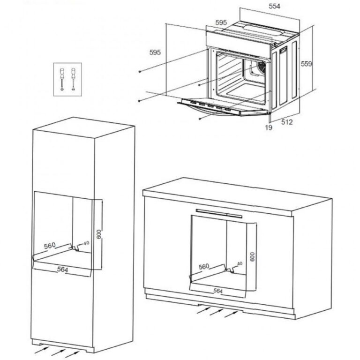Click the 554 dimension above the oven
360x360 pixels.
[x=274, y=6]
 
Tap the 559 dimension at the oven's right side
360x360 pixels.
[x=307, y=64]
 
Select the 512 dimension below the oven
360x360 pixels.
[x=287, y=122]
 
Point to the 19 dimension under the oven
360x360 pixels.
[x=269, y=127]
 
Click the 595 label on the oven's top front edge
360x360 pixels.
[x=221, y=22]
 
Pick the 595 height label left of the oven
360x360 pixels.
[x=155, y=52]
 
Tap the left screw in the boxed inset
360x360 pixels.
[x=62, y=79]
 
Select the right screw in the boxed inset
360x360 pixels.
[x=73, y=79]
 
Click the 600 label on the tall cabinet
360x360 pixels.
[x=99, y=234]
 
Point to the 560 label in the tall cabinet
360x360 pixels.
[x=50, y=246]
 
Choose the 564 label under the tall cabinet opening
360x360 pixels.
[x=62, y=270]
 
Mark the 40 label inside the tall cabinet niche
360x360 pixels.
[x=86, y=243]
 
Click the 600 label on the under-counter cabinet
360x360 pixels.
[x=252, y=257]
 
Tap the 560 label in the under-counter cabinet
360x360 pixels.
[x=204, y=267]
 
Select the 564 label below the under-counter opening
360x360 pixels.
[x=218, y=291]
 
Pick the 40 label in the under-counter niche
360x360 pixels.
[x=240, y=263]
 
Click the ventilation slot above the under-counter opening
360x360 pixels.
[x=219, y=213]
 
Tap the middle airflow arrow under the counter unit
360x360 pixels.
[x=216, y=312]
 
